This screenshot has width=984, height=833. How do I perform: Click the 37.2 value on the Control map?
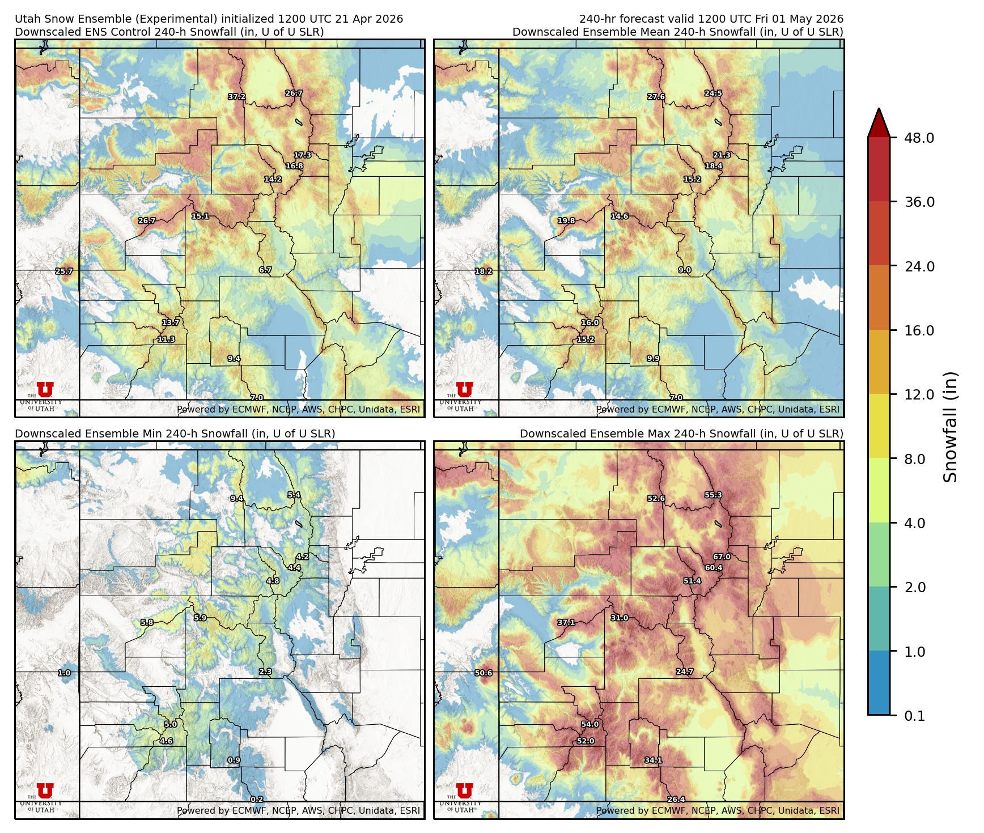237,97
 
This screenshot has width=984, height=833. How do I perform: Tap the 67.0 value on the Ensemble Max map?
722,557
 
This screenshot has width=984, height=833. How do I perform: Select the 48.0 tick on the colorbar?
919,138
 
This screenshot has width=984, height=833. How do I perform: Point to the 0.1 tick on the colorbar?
914,716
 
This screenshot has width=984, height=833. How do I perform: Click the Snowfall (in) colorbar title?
950,427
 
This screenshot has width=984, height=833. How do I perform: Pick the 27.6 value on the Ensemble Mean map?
656,97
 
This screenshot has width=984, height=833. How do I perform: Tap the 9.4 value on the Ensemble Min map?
236,499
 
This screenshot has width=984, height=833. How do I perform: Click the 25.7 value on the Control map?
64,271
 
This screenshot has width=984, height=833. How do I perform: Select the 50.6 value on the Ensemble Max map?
483,673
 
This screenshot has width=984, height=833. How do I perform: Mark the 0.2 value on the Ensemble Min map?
257,800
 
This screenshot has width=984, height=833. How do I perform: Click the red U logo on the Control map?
45,389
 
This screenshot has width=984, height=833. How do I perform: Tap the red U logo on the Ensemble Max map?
464,790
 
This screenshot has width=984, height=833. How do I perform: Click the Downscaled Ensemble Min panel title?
175,434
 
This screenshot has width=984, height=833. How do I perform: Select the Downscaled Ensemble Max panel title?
681,434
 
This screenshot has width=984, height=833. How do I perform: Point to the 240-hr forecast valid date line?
711,19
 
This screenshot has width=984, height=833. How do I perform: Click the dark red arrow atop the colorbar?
879,122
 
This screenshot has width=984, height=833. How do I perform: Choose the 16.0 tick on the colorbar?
919,330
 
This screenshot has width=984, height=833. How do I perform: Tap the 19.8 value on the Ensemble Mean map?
566,221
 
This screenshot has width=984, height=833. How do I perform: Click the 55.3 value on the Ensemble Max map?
713,495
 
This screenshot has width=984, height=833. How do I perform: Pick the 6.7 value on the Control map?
265,270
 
